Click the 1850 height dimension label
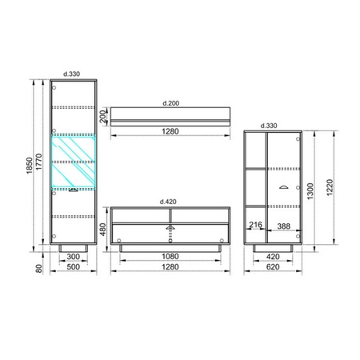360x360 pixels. (x=30, y=166)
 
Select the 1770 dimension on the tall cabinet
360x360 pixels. (x=39, y=162)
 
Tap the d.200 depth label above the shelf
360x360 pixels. (x=171, y=103)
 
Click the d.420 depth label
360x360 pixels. (x=168, y=202)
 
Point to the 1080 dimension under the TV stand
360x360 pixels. (x=170, y=257)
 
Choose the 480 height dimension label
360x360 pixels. (x=103, y=230)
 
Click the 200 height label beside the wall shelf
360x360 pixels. (x=103, y=117)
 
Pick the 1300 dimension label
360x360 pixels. (x=310, y=191)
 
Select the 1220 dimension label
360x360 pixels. (x=330, y=187)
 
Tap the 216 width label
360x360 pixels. (x=255, y=225)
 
